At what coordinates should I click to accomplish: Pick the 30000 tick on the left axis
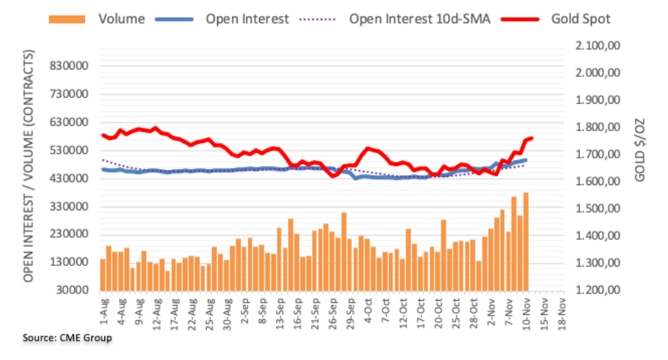[x=72, y=290]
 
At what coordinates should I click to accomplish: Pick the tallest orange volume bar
[x=526, y=241]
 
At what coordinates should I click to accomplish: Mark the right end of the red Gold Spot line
[x=532, y=138]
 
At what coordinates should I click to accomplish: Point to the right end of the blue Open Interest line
[x=526, y=160]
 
